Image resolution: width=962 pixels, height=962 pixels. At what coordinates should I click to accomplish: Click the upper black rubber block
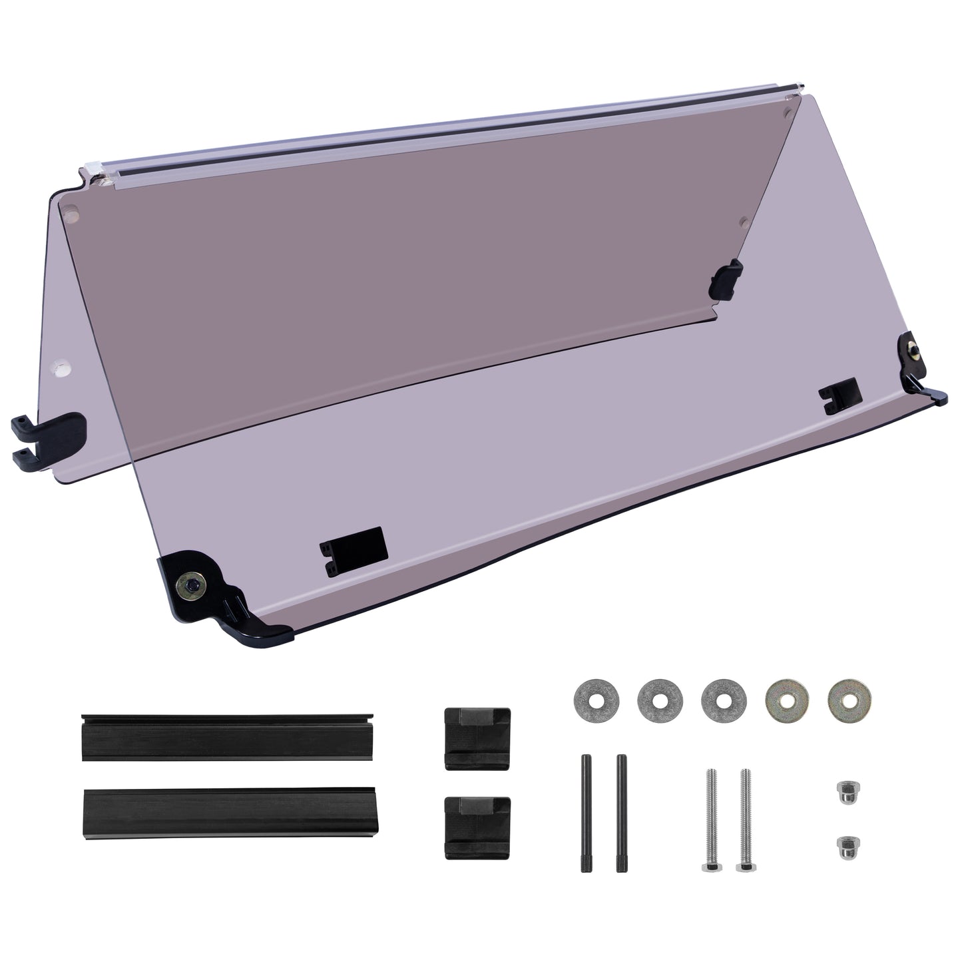(x=477, y=739)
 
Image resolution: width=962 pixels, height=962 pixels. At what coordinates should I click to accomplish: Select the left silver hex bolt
(x=708, y=819)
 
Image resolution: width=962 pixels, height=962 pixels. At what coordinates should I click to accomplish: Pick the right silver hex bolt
(x=744, y=819)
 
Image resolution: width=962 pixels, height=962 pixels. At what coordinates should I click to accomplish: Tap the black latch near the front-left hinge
(x=353, y=550)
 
